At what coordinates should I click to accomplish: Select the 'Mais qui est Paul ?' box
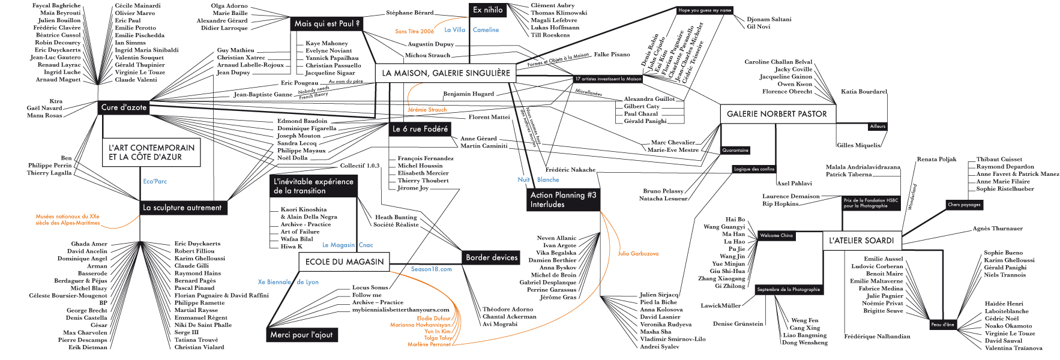(x=327, y=24)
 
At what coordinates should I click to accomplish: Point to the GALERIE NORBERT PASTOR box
(x=777, y=114)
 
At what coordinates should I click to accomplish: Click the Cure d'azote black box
(x=124, y=107)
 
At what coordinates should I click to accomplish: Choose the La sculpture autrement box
(x=182, y=208)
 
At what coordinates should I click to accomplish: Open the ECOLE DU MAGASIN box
(x=344, y=262)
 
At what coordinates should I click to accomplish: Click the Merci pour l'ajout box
(x=301, y=335)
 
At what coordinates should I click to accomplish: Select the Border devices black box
(x=492, y=257)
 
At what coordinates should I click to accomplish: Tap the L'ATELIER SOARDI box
(x=861, y=241)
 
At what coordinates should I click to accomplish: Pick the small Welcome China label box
(x=776, y=236)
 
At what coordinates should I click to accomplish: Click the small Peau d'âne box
(x=942, y=325)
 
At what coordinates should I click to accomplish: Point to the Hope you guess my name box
(x=705, y=10)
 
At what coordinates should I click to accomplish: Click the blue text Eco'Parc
(x=155, y=181)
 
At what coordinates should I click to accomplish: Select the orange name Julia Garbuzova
(x=638, y=254)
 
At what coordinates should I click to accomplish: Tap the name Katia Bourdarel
(x=864, y=92)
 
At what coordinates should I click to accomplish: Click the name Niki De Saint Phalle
(x=203, y=325)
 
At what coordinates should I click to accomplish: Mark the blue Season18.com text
(x=431, y=269)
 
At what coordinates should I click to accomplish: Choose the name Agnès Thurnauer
(x=998, y=229)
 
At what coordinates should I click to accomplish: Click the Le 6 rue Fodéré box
(x=420, y=129)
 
